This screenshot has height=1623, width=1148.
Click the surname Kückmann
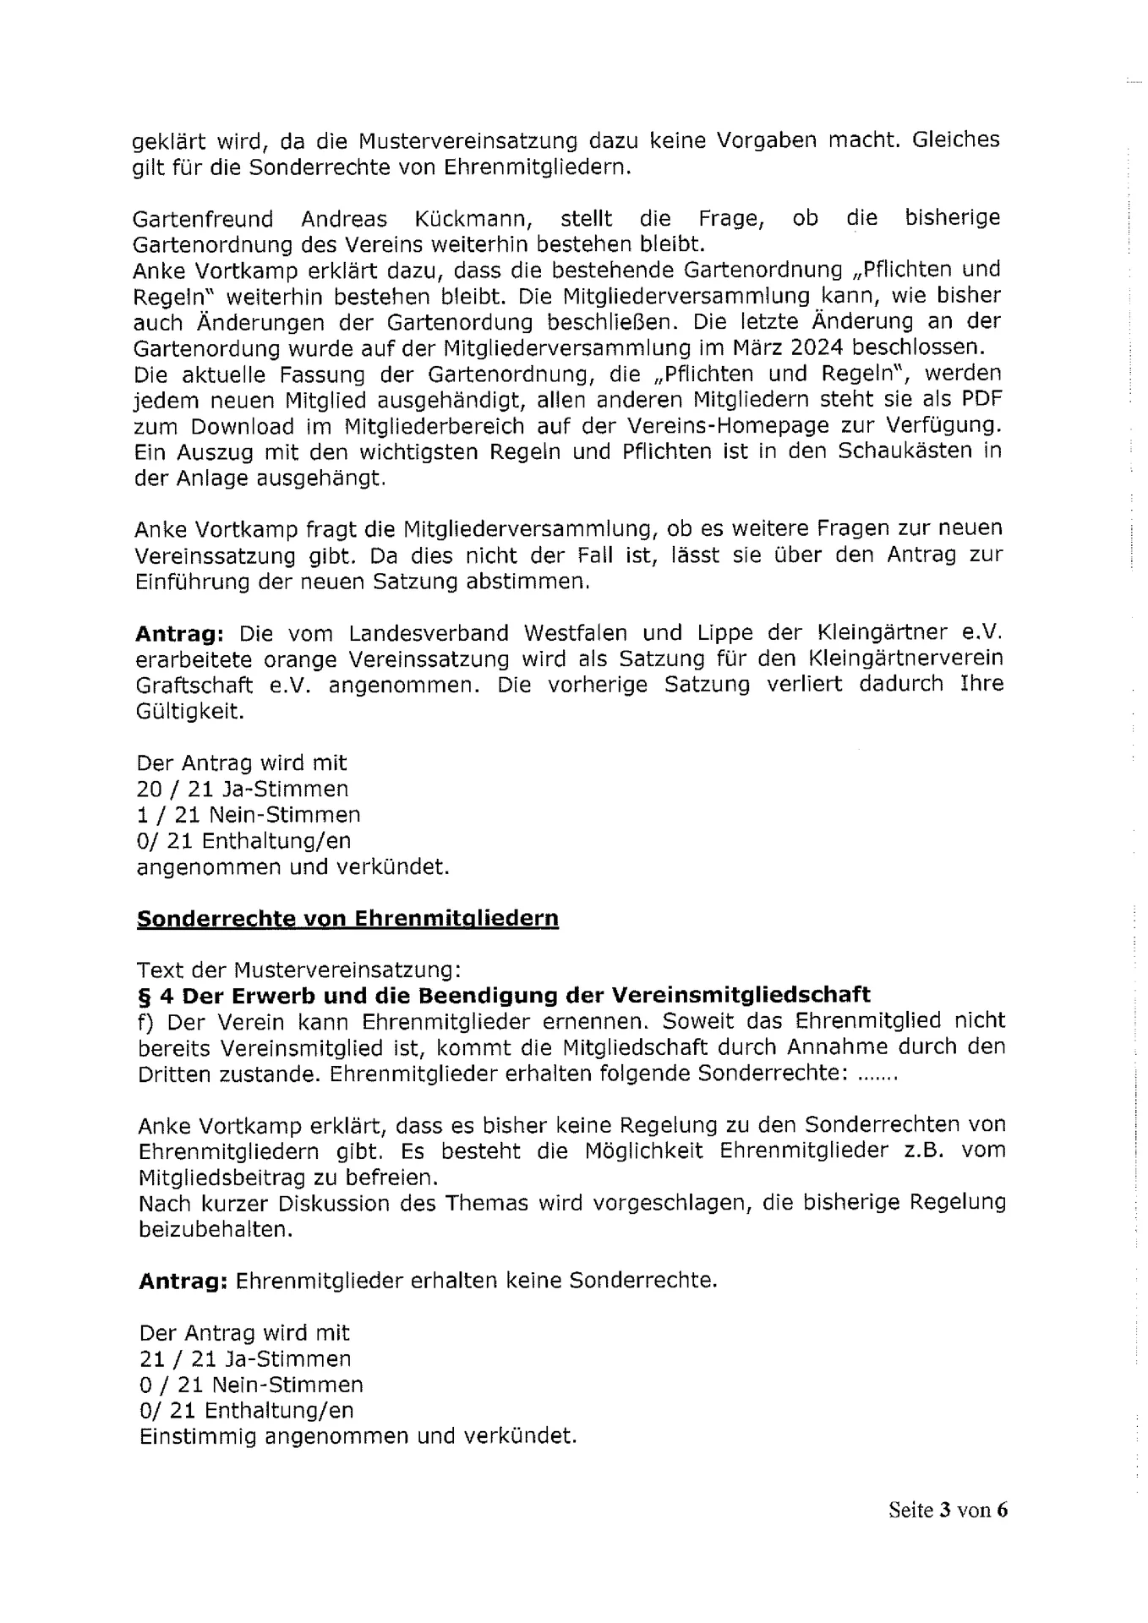(x=473, y=219)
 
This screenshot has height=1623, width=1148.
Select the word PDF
(x=981, y=400)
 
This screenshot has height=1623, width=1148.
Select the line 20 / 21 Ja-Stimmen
(x=243, y=790)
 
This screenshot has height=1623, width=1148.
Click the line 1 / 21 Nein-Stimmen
(x=249, y=816)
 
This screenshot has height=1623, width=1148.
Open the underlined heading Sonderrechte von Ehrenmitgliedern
(x=347, y=919)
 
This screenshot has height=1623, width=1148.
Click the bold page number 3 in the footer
(x=944, y=1511)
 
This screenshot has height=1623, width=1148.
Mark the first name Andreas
(x=344, y=219)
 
